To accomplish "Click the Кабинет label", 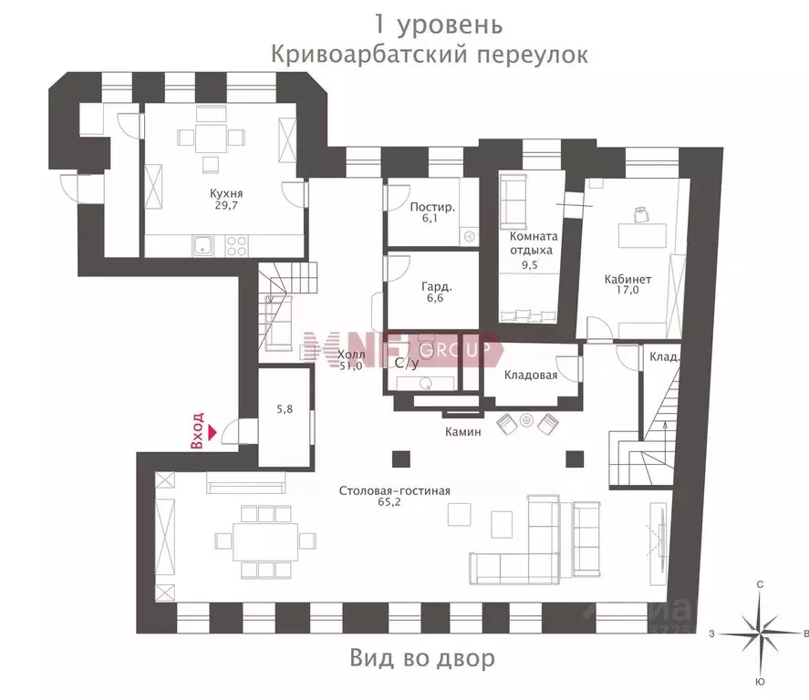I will tap(627, 279).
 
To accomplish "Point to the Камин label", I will tap(462, 432).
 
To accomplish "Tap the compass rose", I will tap(760, 631).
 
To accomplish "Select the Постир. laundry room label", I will tap(432, 207).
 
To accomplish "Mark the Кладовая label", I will tap(530, 374).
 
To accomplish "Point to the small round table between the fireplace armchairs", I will tap(527, 421).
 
